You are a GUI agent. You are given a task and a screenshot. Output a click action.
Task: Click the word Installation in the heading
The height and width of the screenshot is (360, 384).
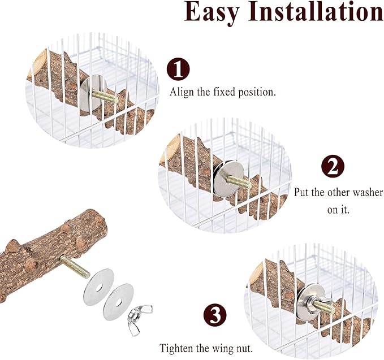tap(317, 12)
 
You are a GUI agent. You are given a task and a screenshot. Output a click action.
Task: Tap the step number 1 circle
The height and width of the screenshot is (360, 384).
tap(178, 70)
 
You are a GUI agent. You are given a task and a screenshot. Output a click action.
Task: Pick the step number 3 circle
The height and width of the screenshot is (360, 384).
tap(215, 315)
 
